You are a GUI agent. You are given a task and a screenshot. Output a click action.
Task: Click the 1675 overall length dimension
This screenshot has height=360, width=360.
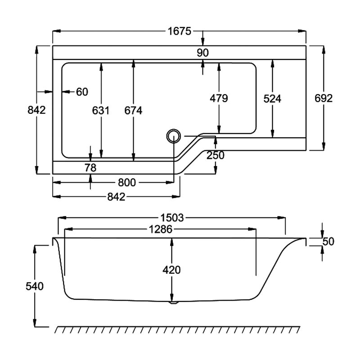(180, 31)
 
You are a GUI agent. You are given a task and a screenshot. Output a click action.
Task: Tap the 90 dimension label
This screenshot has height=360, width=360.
(203, 53)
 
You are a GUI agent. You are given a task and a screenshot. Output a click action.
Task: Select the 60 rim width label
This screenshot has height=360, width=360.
(82, 92)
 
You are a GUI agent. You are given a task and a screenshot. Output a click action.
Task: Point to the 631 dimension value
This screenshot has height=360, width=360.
(101, 110)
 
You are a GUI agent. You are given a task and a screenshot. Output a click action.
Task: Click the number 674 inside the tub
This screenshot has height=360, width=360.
(133, 110)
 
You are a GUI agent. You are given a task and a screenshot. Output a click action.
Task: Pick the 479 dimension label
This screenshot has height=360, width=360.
(219, 98)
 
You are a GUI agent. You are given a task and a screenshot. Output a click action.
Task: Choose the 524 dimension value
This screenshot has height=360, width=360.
(272, 99)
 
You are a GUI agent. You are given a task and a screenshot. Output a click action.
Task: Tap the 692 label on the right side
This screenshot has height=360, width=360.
(324, 98)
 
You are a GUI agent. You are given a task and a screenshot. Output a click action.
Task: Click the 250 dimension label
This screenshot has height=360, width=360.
(216, 155)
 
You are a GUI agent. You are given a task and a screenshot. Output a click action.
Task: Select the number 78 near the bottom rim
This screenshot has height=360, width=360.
(91, 167)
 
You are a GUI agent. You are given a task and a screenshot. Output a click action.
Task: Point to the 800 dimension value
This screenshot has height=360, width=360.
(127, 182)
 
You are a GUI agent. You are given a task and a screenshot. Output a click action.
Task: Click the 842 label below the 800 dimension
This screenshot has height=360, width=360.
(116, 197)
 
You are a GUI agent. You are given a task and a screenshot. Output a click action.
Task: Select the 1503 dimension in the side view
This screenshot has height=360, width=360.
(172, 218)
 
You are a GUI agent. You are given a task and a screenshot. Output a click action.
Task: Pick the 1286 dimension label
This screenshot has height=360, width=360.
(160, 229)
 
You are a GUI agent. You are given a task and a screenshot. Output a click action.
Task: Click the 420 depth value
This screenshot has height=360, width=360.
(171, 270)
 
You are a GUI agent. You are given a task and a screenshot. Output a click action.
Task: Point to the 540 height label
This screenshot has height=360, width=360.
(35, 286)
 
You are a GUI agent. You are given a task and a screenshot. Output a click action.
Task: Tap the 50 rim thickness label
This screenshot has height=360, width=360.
(328, 242)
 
